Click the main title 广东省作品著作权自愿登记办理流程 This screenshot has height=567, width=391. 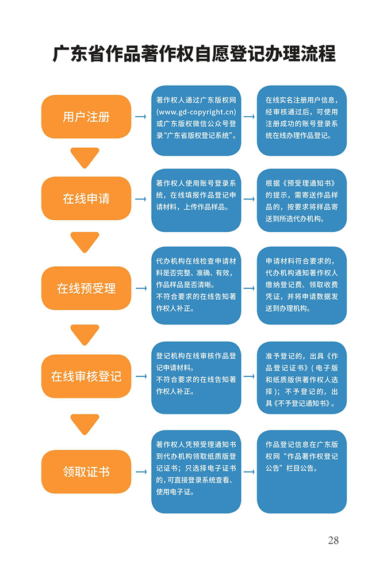pos(194,54)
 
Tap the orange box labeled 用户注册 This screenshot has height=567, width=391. pos(86,117)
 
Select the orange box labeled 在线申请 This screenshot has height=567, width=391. pos(86,198)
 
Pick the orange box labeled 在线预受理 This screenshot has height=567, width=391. pos(86,288)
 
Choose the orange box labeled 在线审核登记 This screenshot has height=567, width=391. pos(86,377)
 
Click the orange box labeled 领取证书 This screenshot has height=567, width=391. pos(86,472)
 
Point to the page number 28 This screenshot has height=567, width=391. pos(333,540)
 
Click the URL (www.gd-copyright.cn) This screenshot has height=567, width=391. pos(196,112)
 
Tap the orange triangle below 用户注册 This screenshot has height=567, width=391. pos(85,158)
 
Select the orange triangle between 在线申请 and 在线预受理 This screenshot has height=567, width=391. pos(85,242)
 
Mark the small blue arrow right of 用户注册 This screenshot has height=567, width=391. pos(141,116)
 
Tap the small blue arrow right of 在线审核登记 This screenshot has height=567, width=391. pos(141,377)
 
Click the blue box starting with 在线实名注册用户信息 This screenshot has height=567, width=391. pos(302,121)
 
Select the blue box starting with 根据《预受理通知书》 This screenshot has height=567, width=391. pos(302,200)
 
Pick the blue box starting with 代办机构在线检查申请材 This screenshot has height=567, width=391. pos(196,286)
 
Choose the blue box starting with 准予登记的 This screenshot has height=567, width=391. pos(302,378)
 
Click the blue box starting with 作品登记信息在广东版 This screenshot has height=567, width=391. pos(302,472)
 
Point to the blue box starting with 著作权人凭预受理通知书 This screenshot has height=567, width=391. pos(196,472)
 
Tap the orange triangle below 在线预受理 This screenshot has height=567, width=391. pos(85,335)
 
